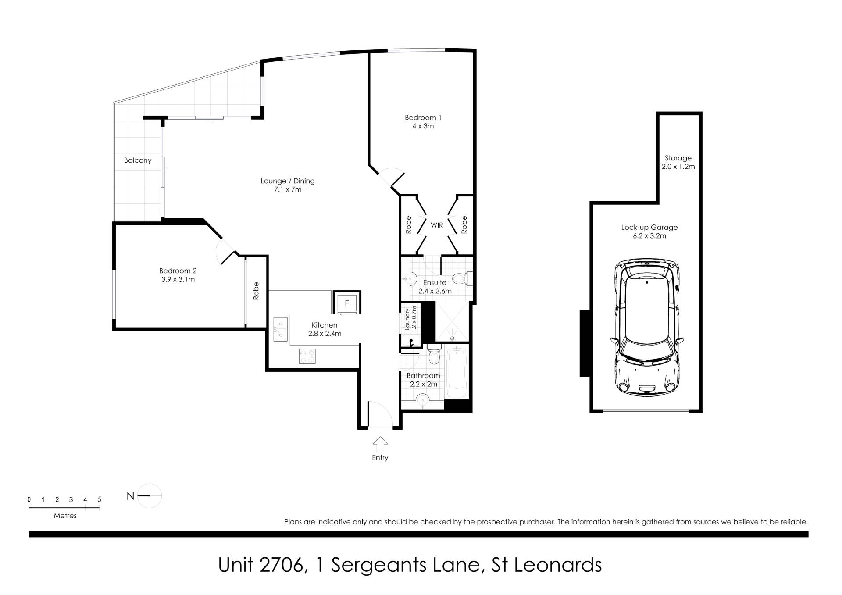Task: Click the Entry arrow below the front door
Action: click(380, 444)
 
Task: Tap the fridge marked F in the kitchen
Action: click(347, 303)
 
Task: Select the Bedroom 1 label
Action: click(423, 118)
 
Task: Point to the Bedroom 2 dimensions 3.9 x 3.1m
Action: click(178, 279)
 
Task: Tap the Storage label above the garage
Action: click(678, 158)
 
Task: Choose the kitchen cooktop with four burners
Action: click(307, 356)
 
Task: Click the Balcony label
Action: click(137, 160)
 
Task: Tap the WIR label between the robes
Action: click(437, 225)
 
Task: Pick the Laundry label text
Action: click(407, 319)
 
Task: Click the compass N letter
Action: click(130, 496)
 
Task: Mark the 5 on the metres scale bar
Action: click(100, 499)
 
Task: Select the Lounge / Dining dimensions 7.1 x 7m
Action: click(287, 189)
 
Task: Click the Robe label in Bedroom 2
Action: click(256, 291)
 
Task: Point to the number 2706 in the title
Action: click(281, 565)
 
